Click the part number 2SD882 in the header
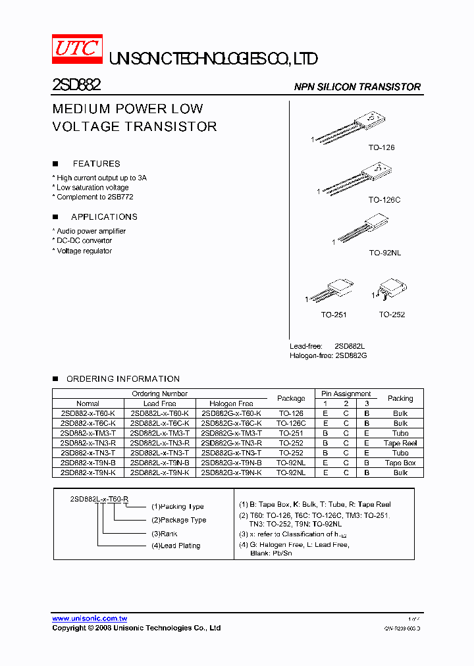[x=76, y=86]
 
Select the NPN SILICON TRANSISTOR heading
[x=357, y=87]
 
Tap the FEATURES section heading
[x=96, y=164]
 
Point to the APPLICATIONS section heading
[x=104, y=217]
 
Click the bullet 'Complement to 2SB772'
[x=95, y=197]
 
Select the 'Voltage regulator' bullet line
[x=84, y=251]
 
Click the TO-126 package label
[x=381, y=147]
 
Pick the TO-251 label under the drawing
[x=334, y=315]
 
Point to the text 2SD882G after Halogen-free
[x=350, y=355]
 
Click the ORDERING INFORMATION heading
[x=122, y=379]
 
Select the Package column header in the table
[x=291, y=398]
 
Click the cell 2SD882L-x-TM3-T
[x=160, y=433]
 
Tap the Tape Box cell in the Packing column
[x=400, y=463]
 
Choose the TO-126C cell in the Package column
[x=291, y=423]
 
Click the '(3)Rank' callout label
[x=165, y=534]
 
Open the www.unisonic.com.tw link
[x=90, y=619]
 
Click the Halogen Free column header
[x=231, y=403]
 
